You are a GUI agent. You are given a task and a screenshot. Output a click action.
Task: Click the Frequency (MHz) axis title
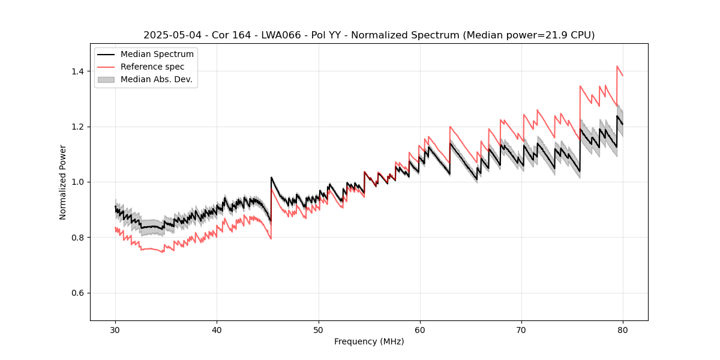pyautogui.click(x=369, y=341)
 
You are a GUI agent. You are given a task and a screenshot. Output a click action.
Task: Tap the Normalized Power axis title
pyautogui.click(x=63, y=182)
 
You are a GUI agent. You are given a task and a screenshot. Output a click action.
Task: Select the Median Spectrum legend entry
pyautogui.click(x=157, y=55)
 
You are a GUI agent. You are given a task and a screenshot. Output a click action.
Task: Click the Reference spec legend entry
pyautogui.click(x=152, y=67)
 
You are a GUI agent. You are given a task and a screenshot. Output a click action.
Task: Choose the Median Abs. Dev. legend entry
pyautogui.click(x=156, y=79)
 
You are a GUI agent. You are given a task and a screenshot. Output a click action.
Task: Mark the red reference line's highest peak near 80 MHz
pyautogui.click(x=617, y=67)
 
